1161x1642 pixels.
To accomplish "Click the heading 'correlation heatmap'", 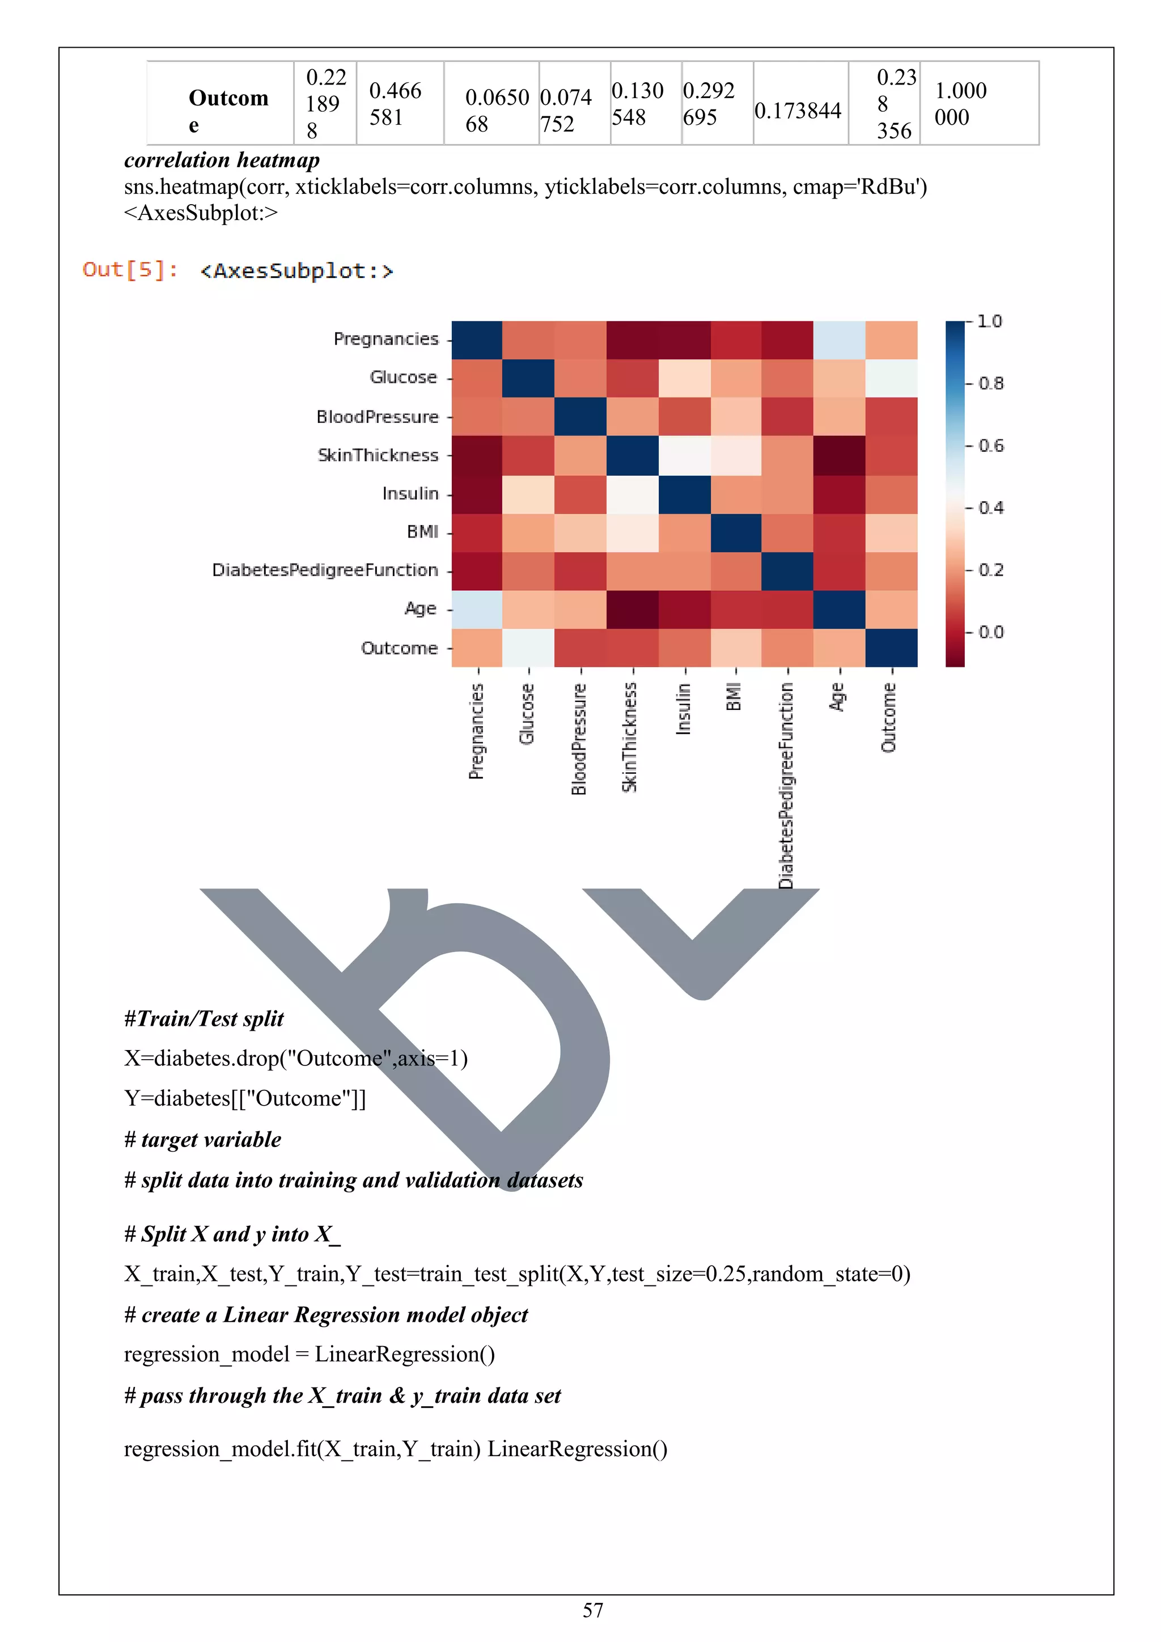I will (222, 160).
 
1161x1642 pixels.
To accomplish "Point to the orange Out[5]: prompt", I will (130, 270).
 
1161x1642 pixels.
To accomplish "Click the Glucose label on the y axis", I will (403, 377).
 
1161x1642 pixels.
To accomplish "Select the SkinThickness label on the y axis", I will (378, 455).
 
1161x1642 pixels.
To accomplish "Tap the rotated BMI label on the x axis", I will (734, 697).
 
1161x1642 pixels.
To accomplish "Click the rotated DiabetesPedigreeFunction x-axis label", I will (786, 785).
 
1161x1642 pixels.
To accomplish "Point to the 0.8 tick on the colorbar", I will (990, 383).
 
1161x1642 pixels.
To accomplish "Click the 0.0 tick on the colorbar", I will (990, 632).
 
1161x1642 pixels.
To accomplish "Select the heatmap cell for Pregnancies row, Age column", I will (838, 340).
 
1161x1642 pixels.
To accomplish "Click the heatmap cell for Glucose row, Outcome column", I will (891, 378).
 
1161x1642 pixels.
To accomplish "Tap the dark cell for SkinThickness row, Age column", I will (838, 455).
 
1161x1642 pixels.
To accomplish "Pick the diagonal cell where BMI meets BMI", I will (736, 533).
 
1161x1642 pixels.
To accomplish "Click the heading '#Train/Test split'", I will (204, 1018).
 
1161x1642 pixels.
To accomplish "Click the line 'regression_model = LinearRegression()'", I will (309, 1354).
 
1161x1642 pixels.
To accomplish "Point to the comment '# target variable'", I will (202, 1139).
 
